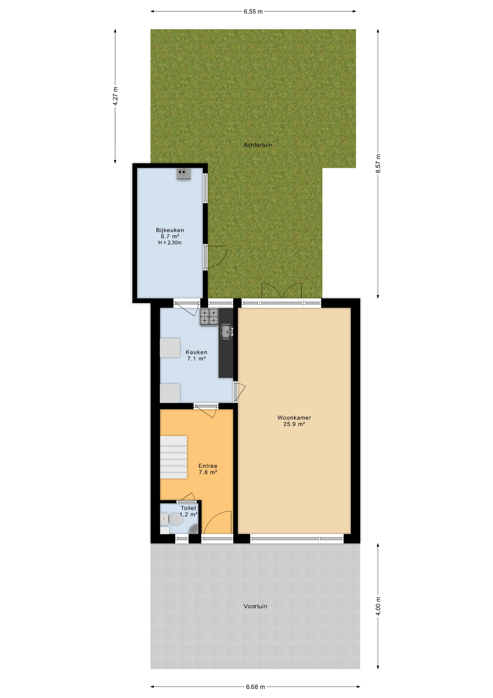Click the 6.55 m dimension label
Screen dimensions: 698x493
pyautogui.click(x=253, y=12)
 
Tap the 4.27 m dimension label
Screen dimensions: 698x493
pyautogui.click(x=115, y=96)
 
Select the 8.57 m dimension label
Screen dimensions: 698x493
pyautogui.click(x=378, y=164)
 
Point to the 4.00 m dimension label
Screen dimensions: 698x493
pyautogui.click(x=378, y=606)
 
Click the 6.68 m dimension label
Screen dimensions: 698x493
pyautogui.click(x=255, y=687)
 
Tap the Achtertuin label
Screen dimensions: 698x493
pyautogui.click(x=258, y=145)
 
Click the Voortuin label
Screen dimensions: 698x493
pyautogui.click(x=255, y=606)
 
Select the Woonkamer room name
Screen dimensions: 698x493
pyautogui.click(x=294, y=418)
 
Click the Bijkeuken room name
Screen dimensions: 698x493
pyautogui.click(x=170, y=230)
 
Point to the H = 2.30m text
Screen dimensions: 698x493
pyautogui.click(x=170, y=243)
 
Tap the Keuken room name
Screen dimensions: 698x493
pyautogui.click(x=196, y=352)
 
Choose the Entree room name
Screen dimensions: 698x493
pyautogui.click(x=208, y=466)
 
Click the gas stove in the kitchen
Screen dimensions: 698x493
pyautogui.click(x=209, y=317)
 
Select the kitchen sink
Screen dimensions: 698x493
pyautogui.click(x=227, y=332)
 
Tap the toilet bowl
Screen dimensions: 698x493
pyautogui.click(x=175, y=519)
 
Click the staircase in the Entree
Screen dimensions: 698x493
pyautogui.click(x=174, y=457)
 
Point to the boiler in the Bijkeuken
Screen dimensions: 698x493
pyautogui.click(x=184, y=174)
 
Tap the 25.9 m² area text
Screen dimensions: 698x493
pyautogui.click(x=294, y=424)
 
